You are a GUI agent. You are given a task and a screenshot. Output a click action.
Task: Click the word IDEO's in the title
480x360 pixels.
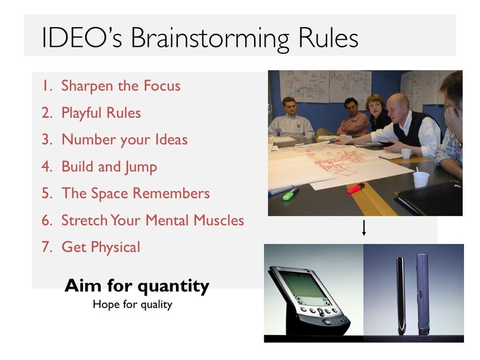[82, 37]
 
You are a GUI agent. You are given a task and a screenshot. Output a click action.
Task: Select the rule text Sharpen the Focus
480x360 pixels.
[121, 86]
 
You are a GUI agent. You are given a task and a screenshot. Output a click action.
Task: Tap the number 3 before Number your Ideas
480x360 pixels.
[47, 140]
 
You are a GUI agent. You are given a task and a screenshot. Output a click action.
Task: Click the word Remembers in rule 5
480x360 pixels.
[171, 193]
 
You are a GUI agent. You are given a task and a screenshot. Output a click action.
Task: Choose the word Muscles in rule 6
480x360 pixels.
[219, 220]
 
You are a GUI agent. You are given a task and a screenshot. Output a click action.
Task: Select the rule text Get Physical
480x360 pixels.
[101, 247]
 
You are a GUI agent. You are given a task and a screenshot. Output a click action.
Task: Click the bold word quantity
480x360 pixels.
[174, 287]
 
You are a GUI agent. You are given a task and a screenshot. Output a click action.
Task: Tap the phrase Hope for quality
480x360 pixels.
[133, 305]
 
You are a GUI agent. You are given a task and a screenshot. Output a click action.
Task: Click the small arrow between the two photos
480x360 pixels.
[364, 227]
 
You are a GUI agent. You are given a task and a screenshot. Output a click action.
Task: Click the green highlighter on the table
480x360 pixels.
[290, 195]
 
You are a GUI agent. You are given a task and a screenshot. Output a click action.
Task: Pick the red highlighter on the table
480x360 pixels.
[356, 188]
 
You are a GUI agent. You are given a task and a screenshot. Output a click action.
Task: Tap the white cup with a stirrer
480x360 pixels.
[421, 179]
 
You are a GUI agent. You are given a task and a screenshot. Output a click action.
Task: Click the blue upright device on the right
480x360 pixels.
[423, 294]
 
